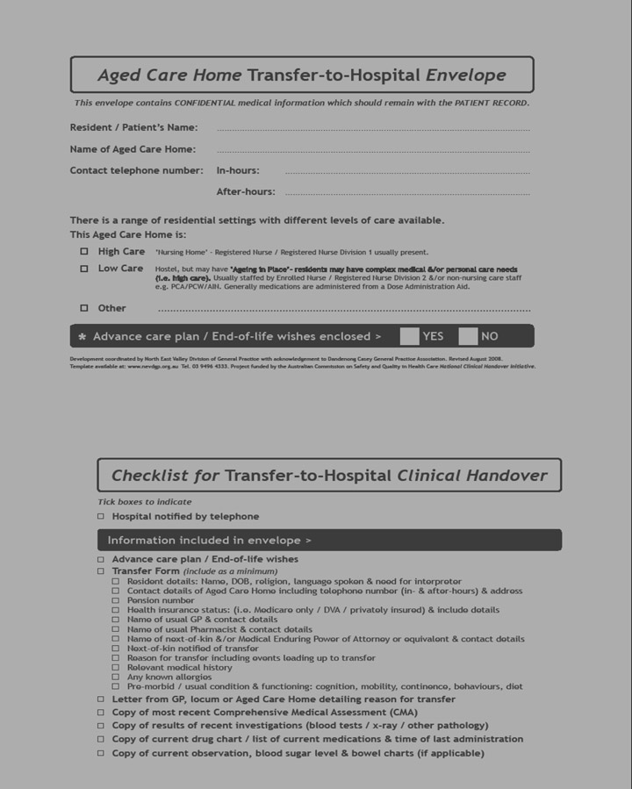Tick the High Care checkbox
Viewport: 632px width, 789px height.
pos(84,252)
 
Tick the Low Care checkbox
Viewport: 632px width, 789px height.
pos(84,269)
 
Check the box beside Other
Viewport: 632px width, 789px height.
pos(84,308)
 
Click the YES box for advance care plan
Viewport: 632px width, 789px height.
pos(409,336)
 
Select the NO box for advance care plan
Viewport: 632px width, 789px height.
pos(468,336)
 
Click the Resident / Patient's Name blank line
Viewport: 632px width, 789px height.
pos(373,128)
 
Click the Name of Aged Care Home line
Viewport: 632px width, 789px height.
pos(373,150)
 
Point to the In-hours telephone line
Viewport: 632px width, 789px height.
pos(407,171)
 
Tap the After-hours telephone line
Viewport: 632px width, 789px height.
pos(407,192)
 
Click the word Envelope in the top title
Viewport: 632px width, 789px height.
pos(465,75)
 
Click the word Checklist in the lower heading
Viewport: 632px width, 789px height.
pos(149,476)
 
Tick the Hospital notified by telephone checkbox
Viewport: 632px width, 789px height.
pos(101,517)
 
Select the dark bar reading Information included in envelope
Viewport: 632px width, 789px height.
pos(329,541)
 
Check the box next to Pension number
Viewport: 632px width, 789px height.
pos(116,601)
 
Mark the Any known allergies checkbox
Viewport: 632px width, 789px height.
pos(116,678)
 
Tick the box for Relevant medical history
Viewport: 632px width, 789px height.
pos(116,668)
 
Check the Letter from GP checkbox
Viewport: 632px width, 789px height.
pos(101,699)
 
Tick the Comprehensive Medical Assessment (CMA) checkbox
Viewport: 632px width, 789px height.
pos(101,713)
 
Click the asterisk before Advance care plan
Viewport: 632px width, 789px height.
pos(83,337)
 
